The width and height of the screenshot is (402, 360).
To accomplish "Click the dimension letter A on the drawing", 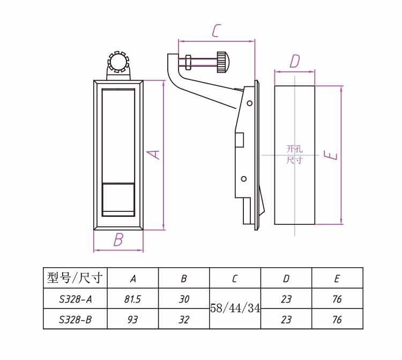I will (154, 155).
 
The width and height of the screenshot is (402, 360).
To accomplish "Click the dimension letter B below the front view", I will (118, 240).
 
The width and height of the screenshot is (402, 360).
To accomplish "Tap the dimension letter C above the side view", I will (215, 31).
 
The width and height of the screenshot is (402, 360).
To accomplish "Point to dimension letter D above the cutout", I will (294, 61).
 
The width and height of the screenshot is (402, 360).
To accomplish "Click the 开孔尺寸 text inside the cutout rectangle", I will (294, 154).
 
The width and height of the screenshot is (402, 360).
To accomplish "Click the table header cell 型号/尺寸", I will (75, 278).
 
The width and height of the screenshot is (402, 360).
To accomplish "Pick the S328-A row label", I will (75, 299).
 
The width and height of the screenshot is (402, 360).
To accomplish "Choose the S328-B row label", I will (75, 320).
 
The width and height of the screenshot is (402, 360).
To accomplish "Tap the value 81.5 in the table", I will (132, 299).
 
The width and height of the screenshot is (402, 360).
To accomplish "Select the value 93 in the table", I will (132, 320).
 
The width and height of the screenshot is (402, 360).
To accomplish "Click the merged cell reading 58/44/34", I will (235, 308).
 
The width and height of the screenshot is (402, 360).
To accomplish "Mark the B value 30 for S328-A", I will (184, 299).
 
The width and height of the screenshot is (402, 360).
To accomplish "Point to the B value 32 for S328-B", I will (184, 320).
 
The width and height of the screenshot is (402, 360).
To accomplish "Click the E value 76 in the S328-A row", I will (337, 299).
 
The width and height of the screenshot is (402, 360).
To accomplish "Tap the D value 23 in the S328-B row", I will (286, 320).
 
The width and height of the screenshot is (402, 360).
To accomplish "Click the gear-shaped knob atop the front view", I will (118, 62).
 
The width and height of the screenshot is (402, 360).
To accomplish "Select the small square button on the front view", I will (118, 199).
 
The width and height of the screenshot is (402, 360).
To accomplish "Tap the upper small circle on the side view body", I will (249, 104).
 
